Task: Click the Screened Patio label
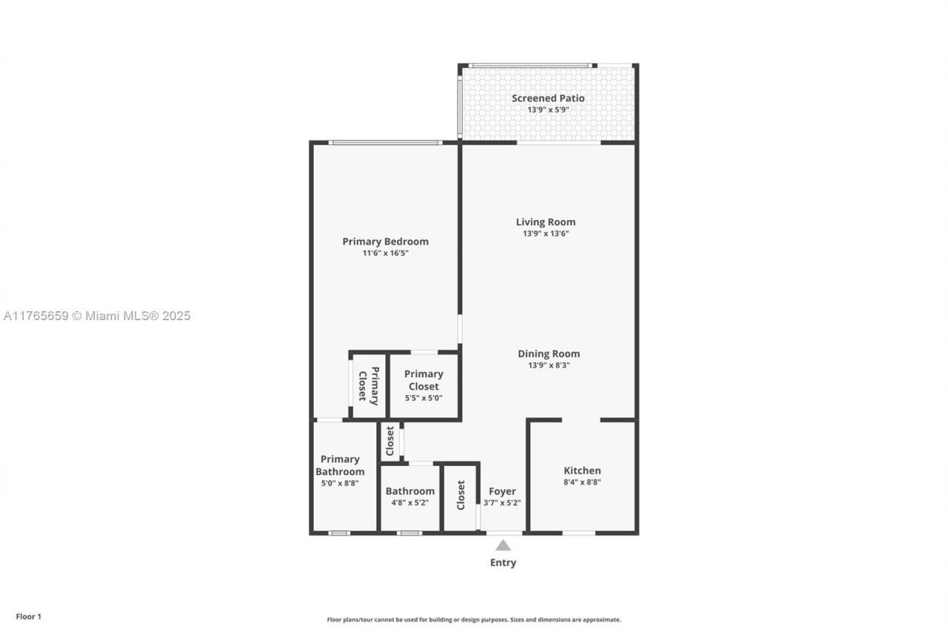tap(548, 98)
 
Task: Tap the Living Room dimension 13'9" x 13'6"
tap(546, 233)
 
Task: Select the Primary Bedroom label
tap(385, 242)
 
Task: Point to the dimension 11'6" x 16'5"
tap(385, 253)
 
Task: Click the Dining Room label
tap(549, 353)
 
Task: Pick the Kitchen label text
tap(582, 470)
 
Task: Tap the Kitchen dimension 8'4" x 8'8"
tap(582, 482)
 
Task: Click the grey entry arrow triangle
tap(503, 545)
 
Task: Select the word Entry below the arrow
tap(503, 562)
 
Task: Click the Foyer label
tap(502, 491)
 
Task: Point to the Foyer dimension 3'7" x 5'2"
tap(502, 503)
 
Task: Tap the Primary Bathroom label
tap(340, 465)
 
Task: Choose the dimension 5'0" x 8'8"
tap(340, 483)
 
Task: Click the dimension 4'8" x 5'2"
tap(410, 503)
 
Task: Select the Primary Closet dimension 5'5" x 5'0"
tap(424, 398)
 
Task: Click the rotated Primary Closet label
tap(368, 385)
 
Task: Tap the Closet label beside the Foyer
tap(461, 495)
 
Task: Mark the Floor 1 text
tap(29, 616)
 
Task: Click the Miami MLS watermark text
tap(97, 316)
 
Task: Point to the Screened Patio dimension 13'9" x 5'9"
tap(548, 110)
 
